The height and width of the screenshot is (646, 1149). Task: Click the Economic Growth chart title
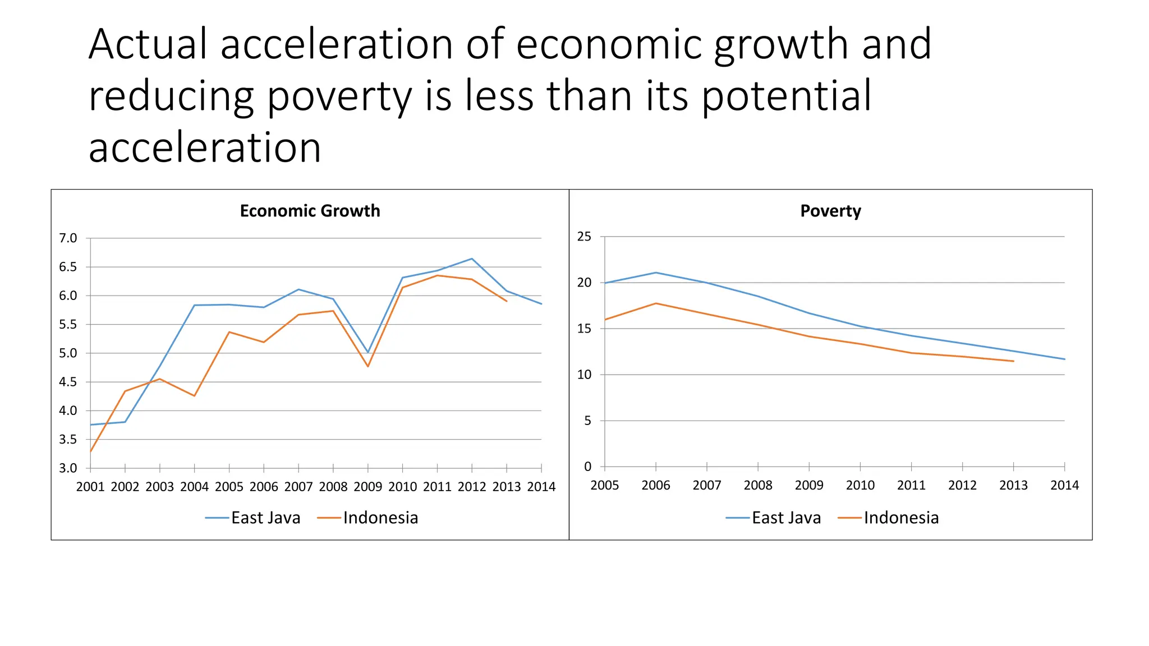pyautogui.click(x=310, y=211)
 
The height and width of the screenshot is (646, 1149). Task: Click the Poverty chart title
pyautogui.click(x=830, y=211)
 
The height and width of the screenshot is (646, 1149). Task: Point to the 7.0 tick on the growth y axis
pyautogui.click(x=68, y=238)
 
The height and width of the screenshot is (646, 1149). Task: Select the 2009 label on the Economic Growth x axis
pyautogui.click(x=367, y=487)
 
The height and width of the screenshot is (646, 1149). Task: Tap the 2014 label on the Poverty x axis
pyautogui.click(x=1064, y=485)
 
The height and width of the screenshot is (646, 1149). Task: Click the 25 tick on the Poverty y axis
pyautogui.click(x=584, y=237)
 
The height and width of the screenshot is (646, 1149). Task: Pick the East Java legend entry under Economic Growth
pyautogui.click(x=253, y=518)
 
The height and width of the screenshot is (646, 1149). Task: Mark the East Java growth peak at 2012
pyautogui.click(x=472, y=259)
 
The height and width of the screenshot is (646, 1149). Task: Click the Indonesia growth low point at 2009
pyautogui.click(x=368, y=366)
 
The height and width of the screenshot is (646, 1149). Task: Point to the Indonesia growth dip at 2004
pyautogui.click(x=194, y=396)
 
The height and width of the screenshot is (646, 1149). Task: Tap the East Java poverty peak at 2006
pyautogui.click(x=656, y=273)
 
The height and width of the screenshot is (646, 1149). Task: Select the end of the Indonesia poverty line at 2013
pyautogui.click(x=1013, y=361)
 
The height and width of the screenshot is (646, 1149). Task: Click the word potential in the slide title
pyautogui.click(x=787, y=96)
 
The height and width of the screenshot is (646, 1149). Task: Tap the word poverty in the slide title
pyautogui.click(x=340, y=96)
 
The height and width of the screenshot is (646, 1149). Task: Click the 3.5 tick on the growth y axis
pyautogui.click(x=68, y=440)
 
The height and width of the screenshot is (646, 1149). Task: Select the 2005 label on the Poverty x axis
pyautogui.click(x=605, y=485)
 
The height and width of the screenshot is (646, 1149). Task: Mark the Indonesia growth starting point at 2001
pyautogui.click(x=90, y=451)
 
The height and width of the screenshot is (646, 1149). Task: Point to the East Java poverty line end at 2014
pyautogui.click(x=1064, y=359)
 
